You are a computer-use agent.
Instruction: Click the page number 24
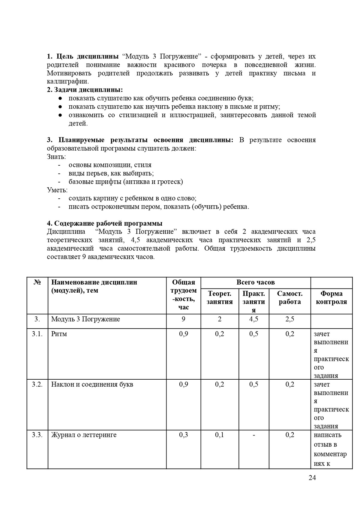click(312, 477)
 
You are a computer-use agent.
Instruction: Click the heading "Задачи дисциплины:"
click(85, 90)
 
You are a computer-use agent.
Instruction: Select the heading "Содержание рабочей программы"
click(105, 223)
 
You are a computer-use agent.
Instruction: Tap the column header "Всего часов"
click(256, 282)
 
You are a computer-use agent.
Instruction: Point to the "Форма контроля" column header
click(331, 298)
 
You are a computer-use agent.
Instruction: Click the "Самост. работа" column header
click(290, 298)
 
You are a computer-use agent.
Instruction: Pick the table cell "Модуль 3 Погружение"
click(85, 319)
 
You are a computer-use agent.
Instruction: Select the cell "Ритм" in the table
click(59, 334)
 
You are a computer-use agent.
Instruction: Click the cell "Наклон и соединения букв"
click(92, 384)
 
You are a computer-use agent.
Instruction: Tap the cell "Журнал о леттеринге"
click(84, 435)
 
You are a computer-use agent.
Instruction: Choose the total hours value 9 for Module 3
click(184, 319)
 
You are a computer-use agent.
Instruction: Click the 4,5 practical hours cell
click(254, 319)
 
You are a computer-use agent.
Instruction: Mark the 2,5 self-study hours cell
click(290, 319)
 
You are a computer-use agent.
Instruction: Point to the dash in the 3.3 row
click(254, 435)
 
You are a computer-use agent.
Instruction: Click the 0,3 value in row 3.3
click(184, 435)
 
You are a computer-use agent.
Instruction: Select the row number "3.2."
click(37, 384)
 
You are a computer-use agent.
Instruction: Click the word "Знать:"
click(56, 156)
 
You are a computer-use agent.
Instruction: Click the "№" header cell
click(37, 282)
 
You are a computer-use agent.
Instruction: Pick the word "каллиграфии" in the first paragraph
click(67, 81)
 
